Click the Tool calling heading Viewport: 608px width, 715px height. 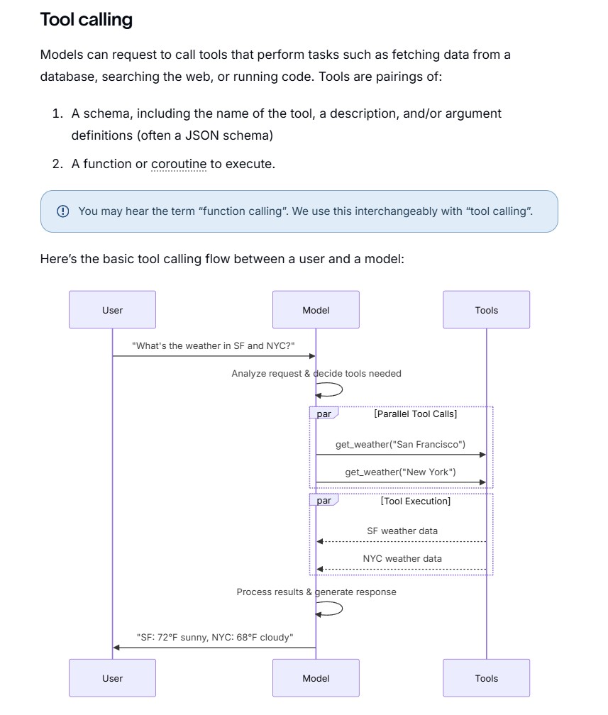coord(87,20)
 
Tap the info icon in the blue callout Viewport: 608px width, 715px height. coord(63,211)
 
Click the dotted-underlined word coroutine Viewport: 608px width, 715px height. coord(179,164)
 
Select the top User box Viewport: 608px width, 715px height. coord(113,309)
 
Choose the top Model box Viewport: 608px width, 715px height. coord(316,309)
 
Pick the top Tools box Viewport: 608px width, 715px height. coord(487,309)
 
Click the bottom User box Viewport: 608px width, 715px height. coord(113,678)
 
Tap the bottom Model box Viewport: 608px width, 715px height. coord(316,678)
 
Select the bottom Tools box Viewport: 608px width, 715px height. coord(487,678)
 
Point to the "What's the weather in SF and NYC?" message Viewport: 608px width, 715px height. coord(214,345)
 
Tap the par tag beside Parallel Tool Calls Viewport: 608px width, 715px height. coord(324,414)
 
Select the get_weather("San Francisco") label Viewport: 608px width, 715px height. coord(400,444)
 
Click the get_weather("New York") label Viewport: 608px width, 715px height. coord(400,472)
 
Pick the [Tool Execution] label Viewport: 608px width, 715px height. coord(416,501)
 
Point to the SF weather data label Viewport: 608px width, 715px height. coord(402,531)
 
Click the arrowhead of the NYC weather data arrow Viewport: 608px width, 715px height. coord(320,569)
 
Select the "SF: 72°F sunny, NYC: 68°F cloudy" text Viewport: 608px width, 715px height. coord(215,637)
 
